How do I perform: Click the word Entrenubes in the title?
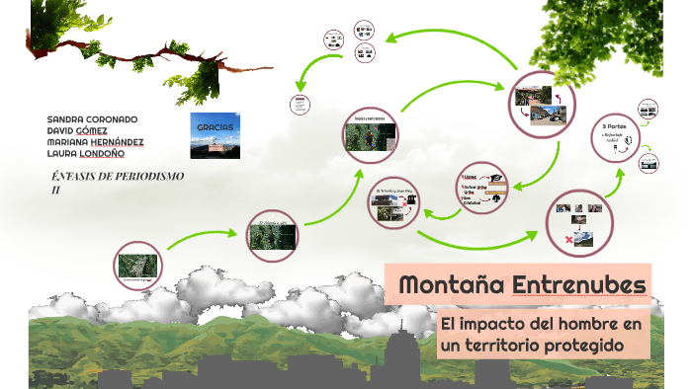[579, 285]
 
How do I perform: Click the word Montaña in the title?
[453, 285]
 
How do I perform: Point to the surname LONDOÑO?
[111, 153]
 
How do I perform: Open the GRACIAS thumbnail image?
[215, 135]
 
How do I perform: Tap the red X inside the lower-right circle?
[567, 239]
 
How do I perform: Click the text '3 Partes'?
[614, 127]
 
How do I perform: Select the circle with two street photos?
[541, 105]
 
